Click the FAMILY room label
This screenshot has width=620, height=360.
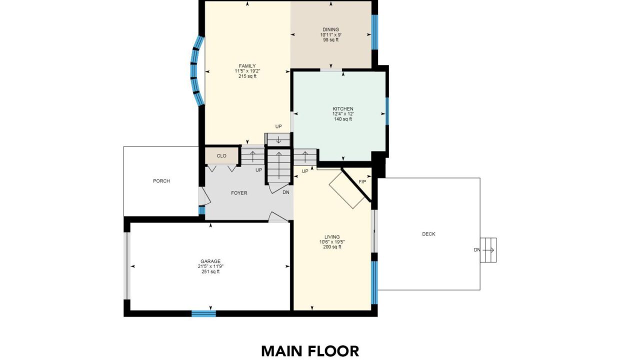[x=247, y=66]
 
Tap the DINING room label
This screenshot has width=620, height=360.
[x=331, y=29]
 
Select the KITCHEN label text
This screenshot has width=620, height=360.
[x=343, y=108]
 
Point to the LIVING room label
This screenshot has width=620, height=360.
[x=332, y=237]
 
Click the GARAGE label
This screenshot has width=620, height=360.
[x=210, y=261]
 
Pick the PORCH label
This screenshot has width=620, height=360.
[x=161, y=181]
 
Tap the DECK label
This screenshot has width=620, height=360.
[x=428, y=234]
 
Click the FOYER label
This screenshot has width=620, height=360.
[x=239, y=193]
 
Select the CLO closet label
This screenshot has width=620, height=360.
[x=221, y=156]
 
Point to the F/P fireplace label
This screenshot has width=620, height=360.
[x=362, y=182]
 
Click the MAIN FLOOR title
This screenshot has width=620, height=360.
[x=310, y=351]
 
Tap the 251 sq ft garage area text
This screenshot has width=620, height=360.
[x=210, y=271]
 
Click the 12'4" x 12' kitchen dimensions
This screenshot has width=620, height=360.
[x=343, y=113]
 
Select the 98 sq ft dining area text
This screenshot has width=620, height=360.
[x=331, y=40]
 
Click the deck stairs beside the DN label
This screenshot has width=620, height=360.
[x=488, y=250]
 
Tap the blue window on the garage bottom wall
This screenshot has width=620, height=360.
[x=203, y=313]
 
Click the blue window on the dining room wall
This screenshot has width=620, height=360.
[x=374, y=32]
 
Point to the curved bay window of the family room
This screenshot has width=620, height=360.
[x=197, y=71]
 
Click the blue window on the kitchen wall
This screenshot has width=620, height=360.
[x=387, y=111]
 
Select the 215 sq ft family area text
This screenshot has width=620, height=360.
[x=247, y=76]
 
